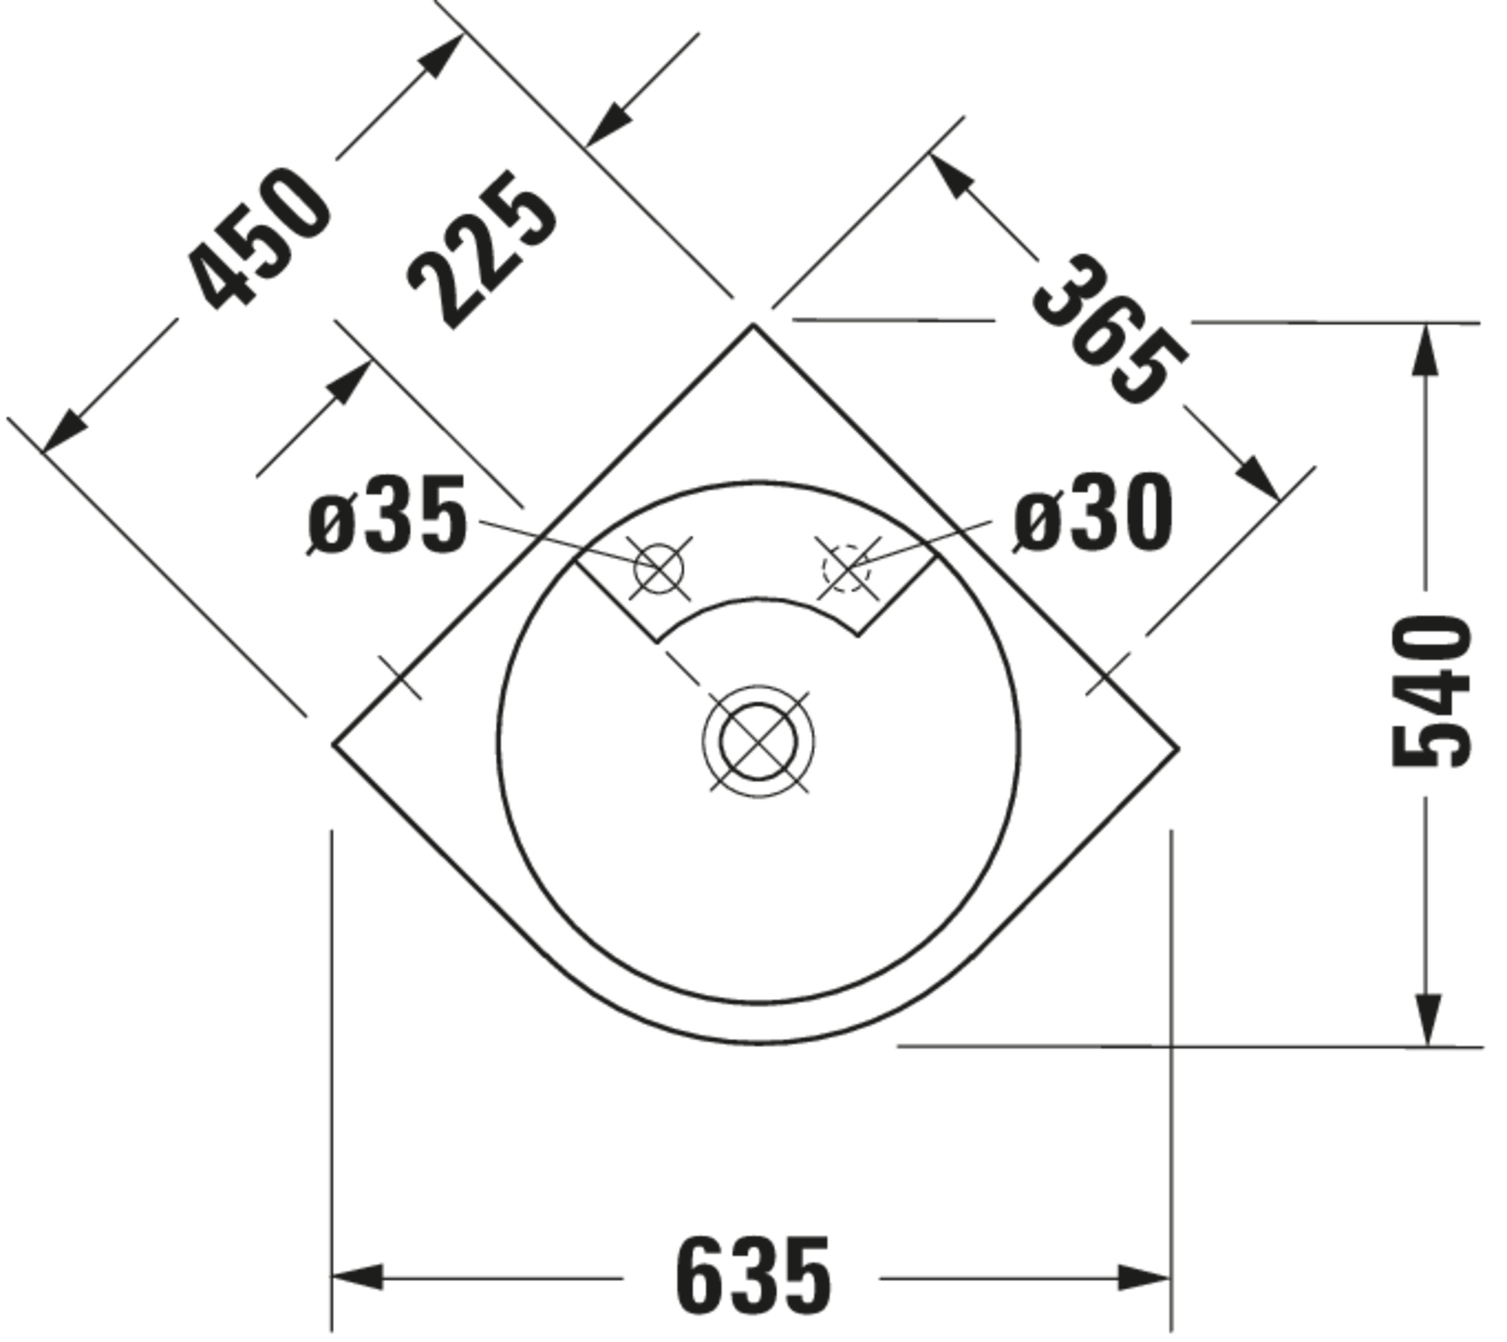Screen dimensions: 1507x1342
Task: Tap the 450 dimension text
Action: point(258,240)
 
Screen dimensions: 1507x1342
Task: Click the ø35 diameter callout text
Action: point(387,515)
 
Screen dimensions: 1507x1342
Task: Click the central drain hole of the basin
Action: point(759,742)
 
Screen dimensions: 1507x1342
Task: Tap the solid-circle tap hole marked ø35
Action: point(659,568)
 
